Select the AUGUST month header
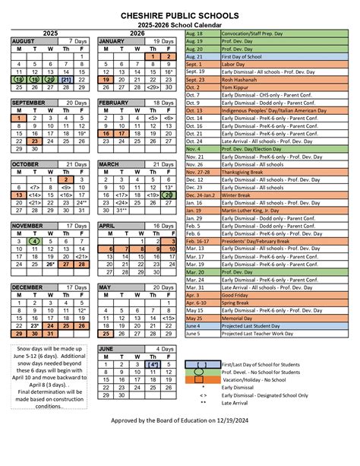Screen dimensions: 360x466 coord(24,40)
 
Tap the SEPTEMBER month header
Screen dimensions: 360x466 coord(29,102)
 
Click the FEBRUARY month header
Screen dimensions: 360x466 coord(114,102)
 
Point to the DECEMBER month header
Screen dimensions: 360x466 coord(27,287)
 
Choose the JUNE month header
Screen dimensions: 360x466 coord(106,347)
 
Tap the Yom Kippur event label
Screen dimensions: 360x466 coord(236,87)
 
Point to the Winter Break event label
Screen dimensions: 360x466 coord(238,195)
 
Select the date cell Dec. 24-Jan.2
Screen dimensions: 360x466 coord(202,195)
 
